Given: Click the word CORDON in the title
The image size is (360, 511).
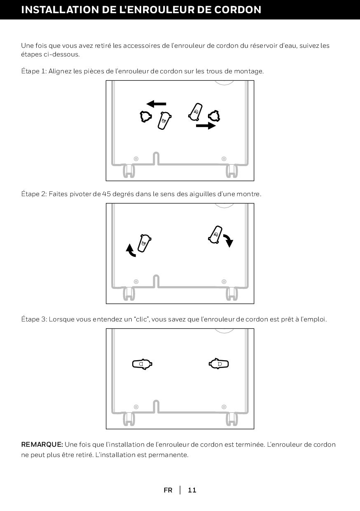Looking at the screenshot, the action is point(238,9).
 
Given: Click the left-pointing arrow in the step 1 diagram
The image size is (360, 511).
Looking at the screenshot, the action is point(156,104).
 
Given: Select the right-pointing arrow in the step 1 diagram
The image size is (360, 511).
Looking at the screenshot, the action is point(206,125).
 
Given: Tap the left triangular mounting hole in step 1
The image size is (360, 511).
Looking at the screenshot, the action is point(146,117).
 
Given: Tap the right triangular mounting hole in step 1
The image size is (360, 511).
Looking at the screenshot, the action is point(214,116).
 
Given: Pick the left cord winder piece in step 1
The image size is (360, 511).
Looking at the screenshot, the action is point(164,121).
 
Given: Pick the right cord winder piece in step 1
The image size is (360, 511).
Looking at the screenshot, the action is point(195,112).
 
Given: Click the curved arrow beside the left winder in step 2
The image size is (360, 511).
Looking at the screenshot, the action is point(131,251).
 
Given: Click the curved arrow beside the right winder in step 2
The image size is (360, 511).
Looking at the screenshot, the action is point(228,241).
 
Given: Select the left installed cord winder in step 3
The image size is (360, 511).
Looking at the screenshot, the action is point(142,364).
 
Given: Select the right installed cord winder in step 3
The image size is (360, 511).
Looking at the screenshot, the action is point(219,364).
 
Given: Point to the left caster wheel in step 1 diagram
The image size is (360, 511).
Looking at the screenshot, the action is point(129,171).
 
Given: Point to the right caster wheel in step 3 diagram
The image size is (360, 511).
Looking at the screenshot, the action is point(231,419).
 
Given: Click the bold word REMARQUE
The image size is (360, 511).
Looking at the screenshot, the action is point(42,444).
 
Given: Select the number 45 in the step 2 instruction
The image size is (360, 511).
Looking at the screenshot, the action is point(106,194).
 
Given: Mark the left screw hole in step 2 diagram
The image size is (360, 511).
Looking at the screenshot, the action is point(136,281).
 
